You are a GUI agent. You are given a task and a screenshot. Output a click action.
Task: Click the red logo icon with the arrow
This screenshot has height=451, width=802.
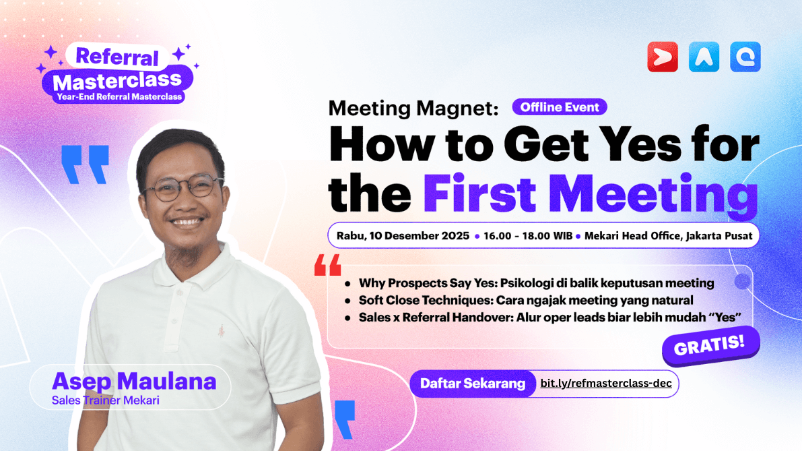pyautogui.click(x=663, y=57)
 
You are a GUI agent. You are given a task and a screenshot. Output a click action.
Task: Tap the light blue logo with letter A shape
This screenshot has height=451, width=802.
pyautogui.click(x=704, y=57)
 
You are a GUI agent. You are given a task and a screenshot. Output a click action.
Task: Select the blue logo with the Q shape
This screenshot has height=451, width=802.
pyautogui.click(x=745, y=57)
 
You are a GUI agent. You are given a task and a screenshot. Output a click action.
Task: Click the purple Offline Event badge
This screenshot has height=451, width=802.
pyautogui.click(x=560, y=107)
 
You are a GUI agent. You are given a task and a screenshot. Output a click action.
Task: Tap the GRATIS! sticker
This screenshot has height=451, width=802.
pyautogui.click(x=710, y=346)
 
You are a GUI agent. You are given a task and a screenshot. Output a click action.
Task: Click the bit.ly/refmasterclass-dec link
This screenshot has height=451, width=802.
pyautogui.click(x=606, y=384)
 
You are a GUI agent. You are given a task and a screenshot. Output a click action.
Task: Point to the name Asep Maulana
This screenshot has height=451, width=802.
pyautogui.click(x=134, y=382)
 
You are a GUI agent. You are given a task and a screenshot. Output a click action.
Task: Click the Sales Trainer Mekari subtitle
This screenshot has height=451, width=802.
pyautogui.click(x=105, y=400)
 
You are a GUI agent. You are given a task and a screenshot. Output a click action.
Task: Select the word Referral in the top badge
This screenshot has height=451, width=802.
pyautogui.click(x=117, y=57)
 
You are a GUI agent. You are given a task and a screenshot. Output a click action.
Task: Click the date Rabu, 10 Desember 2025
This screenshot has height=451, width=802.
pyautogui.click(x=403, y=236)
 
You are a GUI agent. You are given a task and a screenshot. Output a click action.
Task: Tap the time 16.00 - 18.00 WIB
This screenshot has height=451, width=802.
pyautogui.click(x=528, y=236)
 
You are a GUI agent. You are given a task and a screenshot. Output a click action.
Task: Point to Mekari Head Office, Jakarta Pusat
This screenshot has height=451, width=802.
pyautogui.click(x=668, y=236)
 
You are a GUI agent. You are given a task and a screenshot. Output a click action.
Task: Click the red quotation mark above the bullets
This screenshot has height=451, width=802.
pyautogui.click(x=328, y=265)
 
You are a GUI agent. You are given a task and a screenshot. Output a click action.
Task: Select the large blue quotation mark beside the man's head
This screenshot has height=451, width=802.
pyautogui.click(x=85, y=164)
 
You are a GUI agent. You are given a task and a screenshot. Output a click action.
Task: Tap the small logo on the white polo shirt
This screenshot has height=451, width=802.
pyautogui.click(x=221, y=331)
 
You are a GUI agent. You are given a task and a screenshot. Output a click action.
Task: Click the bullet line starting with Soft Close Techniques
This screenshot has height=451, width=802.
pyautogui.click(x=526, y=301)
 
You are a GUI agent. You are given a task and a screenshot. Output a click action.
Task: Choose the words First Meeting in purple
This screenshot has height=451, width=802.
pyautogui.click(x=591, y=193)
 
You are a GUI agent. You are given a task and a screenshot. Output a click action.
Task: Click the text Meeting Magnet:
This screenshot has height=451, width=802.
pyautogui.click(x=413, y=109)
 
